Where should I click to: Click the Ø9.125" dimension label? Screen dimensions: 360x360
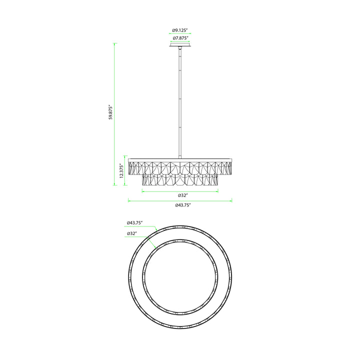(x=180, y=30)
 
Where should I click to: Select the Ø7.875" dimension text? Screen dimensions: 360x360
(x=180, y=38)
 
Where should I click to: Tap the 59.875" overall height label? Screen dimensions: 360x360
(x=111, y=112)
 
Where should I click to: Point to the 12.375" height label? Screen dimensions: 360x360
(x=121, y=170)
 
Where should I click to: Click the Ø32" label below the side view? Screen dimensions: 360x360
(x=183, y=195)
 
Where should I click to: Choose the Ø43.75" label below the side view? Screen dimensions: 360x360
(x=183, y=205)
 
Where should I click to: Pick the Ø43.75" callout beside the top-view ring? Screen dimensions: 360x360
(x=135, y=222)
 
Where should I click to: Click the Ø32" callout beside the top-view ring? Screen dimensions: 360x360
(x=132, y=233)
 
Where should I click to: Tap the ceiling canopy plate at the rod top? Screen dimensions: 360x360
(x=180, y=44)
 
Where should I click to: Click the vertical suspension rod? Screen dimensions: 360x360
(x=180, y=102)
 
